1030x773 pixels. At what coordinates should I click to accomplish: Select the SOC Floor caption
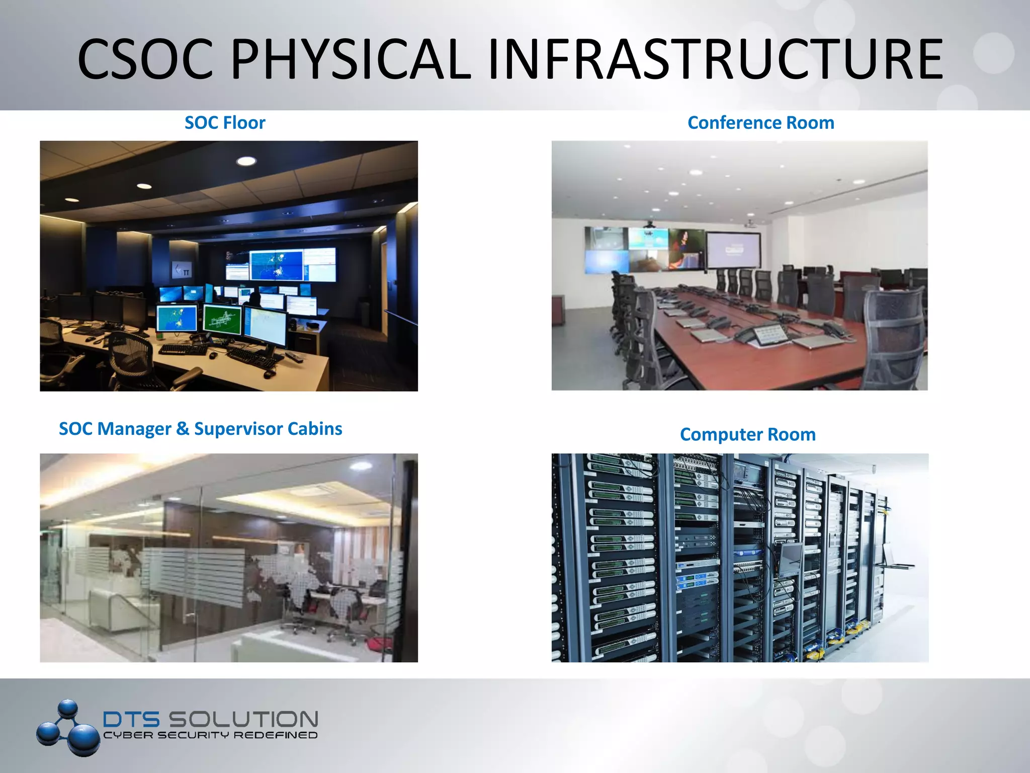[x=225, y=123]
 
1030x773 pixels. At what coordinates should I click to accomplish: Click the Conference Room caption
[x=760, y=123]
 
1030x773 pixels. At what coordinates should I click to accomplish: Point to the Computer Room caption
[x=747, y=434]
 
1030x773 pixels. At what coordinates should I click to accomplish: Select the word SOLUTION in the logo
[x=243, y=719]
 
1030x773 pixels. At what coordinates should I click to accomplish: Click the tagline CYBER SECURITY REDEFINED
[x=210, y=735]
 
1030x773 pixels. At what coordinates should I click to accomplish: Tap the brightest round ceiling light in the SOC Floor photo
[x=246, y=161]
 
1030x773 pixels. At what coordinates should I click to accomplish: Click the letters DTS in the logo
[x=131, y=719]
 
